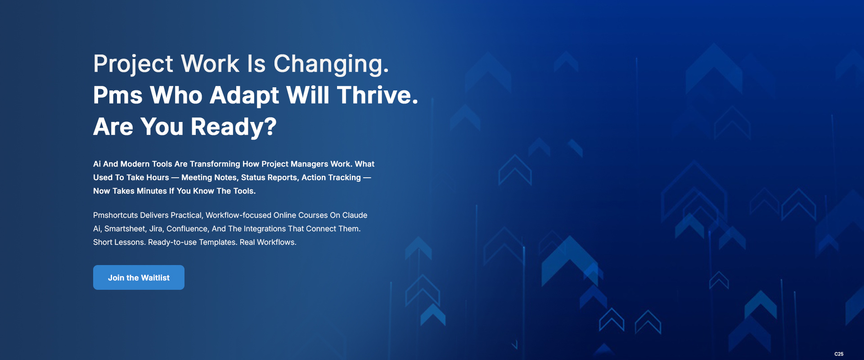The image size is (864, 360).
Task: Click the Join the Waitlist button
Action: [x=139, y=277]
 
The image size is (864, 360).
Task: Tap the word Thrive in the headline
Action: [x=378, y=95]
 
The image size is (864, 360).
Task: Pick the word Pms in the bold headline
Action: [x=118, y=95]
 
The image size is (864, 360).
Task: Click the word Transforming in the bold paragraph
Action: [x=215, y=164]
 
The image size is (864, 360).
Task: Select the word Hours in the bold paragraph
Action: [x=157, y=177]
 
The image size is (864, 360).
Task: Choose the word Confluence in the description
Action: [x=187, y=229]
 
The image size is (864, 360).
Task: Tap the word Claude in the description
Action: [x=355, y=215]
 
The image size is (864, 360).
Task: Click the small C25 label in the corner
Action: [x=839, y=354]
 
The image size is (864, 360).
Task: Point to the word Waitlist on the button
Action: [x=155, y=278]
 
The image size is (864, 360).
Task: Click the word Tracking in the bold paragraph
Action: [x=344, y=177]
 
